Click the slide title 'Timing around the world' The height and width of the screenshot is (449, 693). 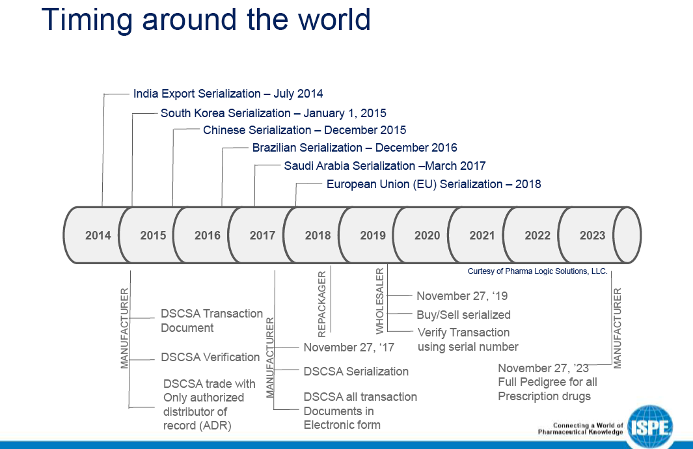click(206, 20)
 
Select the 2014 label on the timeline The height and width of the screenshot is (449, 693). click(98, 236)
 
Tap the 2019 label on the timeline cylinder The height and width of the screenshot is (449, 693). click(373, 236)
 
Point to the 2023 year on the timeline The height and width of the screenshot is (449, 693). click(592, 236)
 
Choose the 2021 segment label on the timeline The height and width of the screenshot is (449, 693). click(482, 236)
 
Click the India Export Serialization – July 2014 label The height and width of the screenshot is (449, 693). click(228, 94)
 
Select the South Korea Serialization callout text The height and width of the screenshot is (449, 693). click(273, 113)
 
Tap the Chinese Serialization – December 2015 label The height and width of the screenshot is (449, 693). click(305, 130)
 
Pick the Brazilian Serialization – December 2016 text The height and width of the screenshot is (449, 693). click(355, 148)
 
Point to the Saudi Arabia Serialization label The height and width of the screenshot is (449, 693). click(385, 166)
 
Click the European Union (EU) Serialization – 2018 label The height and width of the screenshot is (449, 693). click(433, 184)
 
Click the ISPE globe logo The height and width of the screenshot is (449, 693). click(650, 427)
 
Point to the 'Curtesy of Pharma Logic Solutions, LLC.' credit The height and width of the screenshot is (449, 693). click(537, 271)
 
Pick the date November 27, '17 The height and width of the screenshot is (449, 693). click(349, 347)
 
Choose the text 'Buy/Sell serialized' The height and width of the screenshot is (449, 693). click(463, 315)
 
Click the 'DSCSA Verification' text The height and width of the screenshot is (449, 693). click(210, 357)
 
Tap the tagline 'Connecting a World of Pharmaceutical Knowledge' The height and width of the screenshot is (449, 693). click(580, 429)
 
